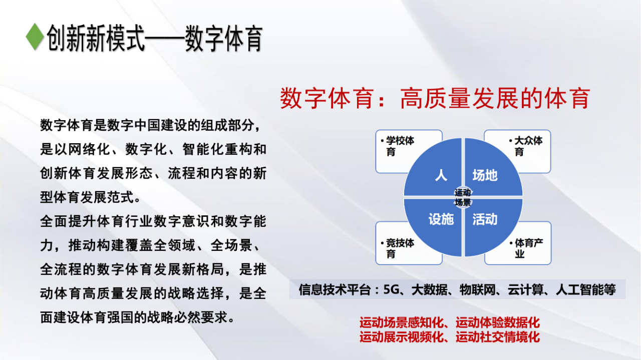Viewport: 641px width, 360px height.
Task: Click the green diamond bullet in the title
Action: [35, 37]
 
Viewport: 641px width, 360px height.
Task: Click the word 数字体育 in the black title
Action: [224, 38]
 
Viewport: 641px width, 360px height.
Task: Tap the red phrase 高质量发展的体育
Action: [495, 98]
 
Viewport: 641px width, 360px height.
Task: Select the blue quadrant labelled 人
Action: [433, 167]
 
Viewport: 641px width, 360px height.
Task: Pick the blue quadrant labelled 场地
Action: [493, 167]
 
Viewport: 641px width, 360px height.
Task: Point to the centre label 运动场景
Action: [463, 197]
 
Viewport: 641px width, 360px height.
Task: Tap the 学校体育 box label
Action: [400, 146]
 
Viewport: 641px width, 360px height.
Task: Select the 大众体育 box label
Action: [528, 146]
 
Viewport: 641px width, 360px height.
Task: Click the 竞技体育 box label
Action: [400, 248]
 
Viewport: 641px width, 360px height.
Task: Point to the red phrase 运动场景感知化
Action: [402, 322]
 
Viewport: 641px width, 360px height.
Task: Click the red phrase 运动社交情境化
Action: [498, 337]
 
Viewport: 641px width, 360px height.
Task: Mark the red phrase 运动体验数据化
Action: [498, 322]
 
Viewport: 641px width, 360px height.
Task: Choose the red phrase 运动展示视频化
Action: [402, 337]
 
